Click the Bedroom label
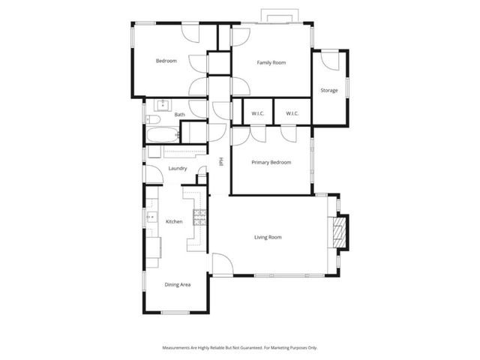tap(166, 61)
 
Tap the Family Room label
tap(271, 62)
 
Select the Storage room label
tap(328, 91)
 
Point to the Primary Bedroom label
tap(271, 162)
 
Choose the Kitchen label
tap(174, 221)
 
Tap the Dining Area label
tap(177, 284)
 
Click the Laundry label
tap(178, 168)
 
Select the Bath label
tap(179, 115)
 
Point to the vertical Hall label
tap(221, 161)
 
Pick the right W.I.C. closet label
tap(292, 113)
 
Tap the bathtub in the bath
tap(163, 136)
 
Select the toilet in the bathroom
tap(152, 118)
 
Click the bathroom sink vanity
tap(163, 104)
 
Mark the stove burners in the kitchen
tap(199, 218)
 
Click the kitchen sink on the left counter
tap(151, 218)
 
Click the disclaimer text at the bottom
tap(239, 348)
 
